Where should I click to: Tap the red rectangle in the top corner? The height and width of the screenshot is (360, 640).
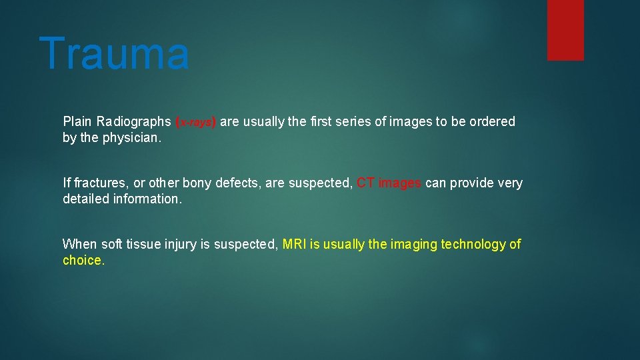click(565, 30)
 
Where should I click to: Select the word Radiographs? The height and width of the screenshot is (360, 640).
click(133, 122)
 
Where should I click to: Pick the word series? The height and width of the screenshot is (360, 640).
click(355, 122)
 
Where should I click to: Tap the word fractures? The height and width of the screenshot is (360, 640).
click(99, 183)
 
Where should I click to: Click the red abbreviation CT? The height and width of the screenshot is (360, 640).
click(365, 183)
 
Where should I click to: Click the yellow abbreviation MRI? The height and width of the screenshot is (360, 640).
click(294, 245)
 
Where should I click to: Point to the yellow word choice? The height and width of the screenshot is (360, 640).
click(83, 261)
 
